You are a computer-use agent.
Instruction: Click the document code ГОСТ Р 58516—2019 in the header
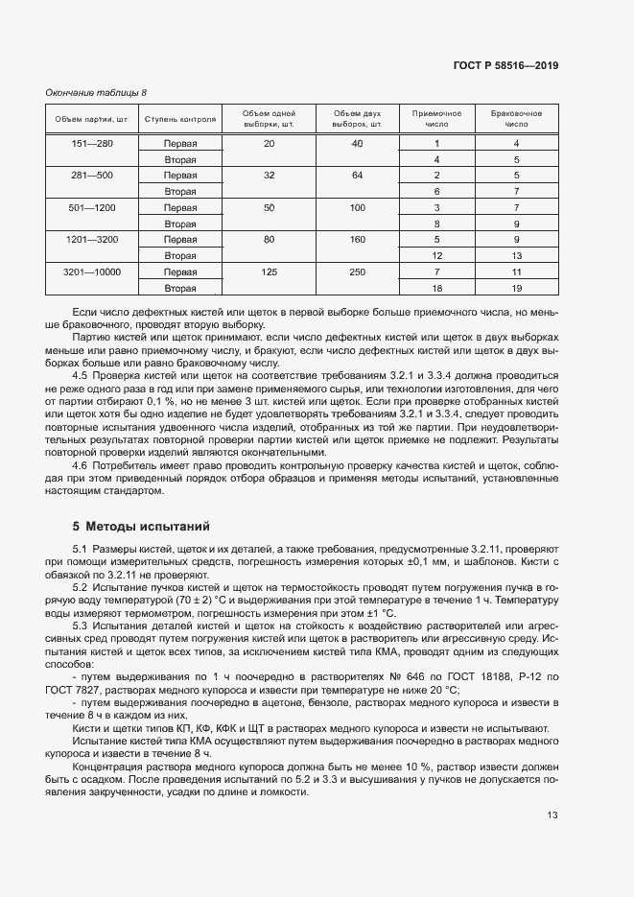coord(505,66)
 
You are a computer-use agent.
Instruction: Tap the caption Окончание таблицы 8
coord(97,92)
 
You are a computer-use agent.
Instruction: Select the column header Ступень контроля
coord(180,120)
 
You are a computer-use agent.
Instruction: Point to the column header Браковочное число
coord(516,119)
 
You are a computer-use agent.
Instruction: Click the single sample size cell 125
coord(269,272)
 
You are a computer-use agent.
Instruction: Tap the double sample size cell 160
coord(357,240)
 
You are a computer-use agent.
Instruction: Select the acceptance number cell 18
coord(436,288)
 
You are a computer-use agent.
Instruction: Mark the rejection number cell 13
coord(516,256)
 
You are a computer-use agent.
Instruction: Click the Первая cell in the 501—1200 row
coord(180,208)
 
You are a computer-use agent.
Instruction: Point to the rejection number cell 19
coord(516,288)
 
